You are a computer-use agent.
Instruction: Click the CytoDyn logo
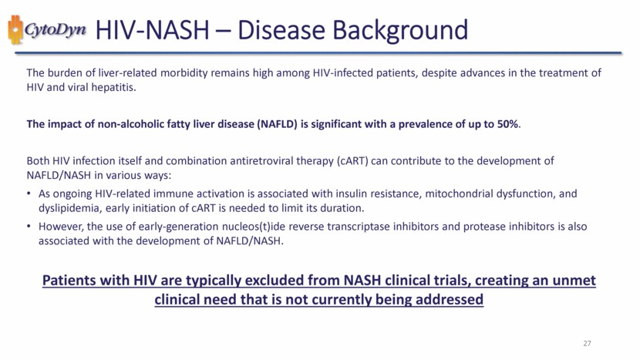(x=47, y=30)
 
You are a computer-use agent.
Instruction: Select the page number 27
(x=587, y=343)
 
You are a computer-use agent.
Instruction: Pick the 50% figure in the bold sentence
(x=508, y=124)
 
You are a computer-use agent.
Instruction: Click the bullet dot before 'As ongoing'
(x=29, y=193)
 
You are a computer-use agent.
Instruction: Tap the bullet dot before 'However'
(x=29, y=227)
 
